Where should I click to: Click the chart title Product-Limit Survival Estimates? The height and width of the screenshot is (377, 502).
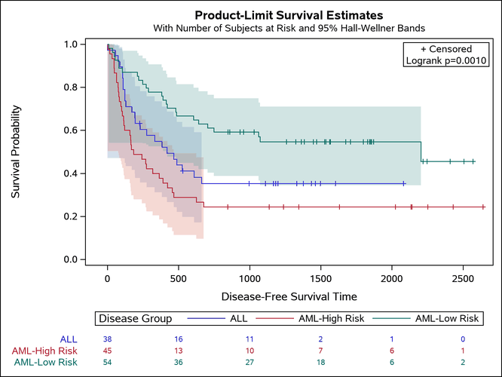(x=289, y=15)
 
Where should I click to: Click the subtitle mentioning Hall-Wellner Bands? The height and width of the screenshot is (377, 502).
(x=289, y=29)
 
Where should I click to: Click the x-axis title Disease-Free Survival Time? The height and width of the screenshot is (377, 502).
(x=289, y=296)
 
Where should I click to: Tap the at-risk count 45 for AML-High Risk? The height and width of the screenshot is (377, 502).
(x=108, y=351)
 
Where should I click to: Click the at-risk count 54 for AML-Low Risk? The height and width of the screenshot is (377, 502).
(x=108, y=362)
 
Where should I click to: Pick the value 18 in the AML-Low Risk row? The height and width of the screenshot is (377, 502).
(x=320, y=362)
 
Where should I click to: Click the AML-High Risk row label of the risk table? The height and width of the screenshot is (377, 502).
(x=44, y=351)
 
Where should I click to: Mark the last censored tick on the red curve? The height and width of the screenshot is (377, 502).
(x=482, y=207)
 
